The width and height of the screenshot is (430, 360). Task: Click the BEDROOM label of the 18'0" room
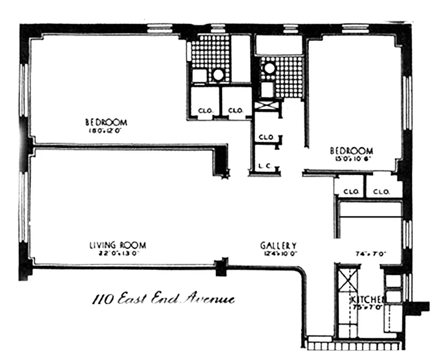click(106, 122)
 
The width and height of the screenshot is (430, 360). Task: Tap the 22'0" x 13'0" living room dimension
click(117, 253)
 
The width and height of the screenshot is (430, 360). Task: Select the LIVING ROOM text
click(117, 245)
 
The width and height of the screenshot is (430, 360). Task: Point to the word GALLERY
click(278, 245)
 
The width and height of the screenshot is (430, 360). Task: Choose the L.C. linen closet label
click(264, 166)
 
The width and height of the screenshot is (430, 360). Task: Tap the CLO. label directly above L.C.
click(266, 137)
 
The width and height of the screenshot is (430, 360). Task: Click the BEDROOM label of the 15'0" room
click(351, 150)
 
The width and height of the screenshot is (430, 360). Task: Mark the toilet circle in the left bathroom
click(218, 74)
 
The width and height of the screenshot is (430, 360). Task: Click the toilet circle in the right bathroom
click(269, 68)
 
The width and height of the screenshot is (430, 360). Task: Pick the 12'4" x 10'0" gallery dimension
click(278, 253)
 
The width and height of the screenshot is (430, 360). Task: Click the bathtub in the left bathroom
click(241, 58)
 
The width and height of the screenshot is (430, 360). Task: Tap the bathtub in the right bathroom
click(278, 45)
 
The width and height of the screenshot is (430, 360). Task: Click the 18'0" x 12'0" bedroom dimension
click(106, 131)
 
